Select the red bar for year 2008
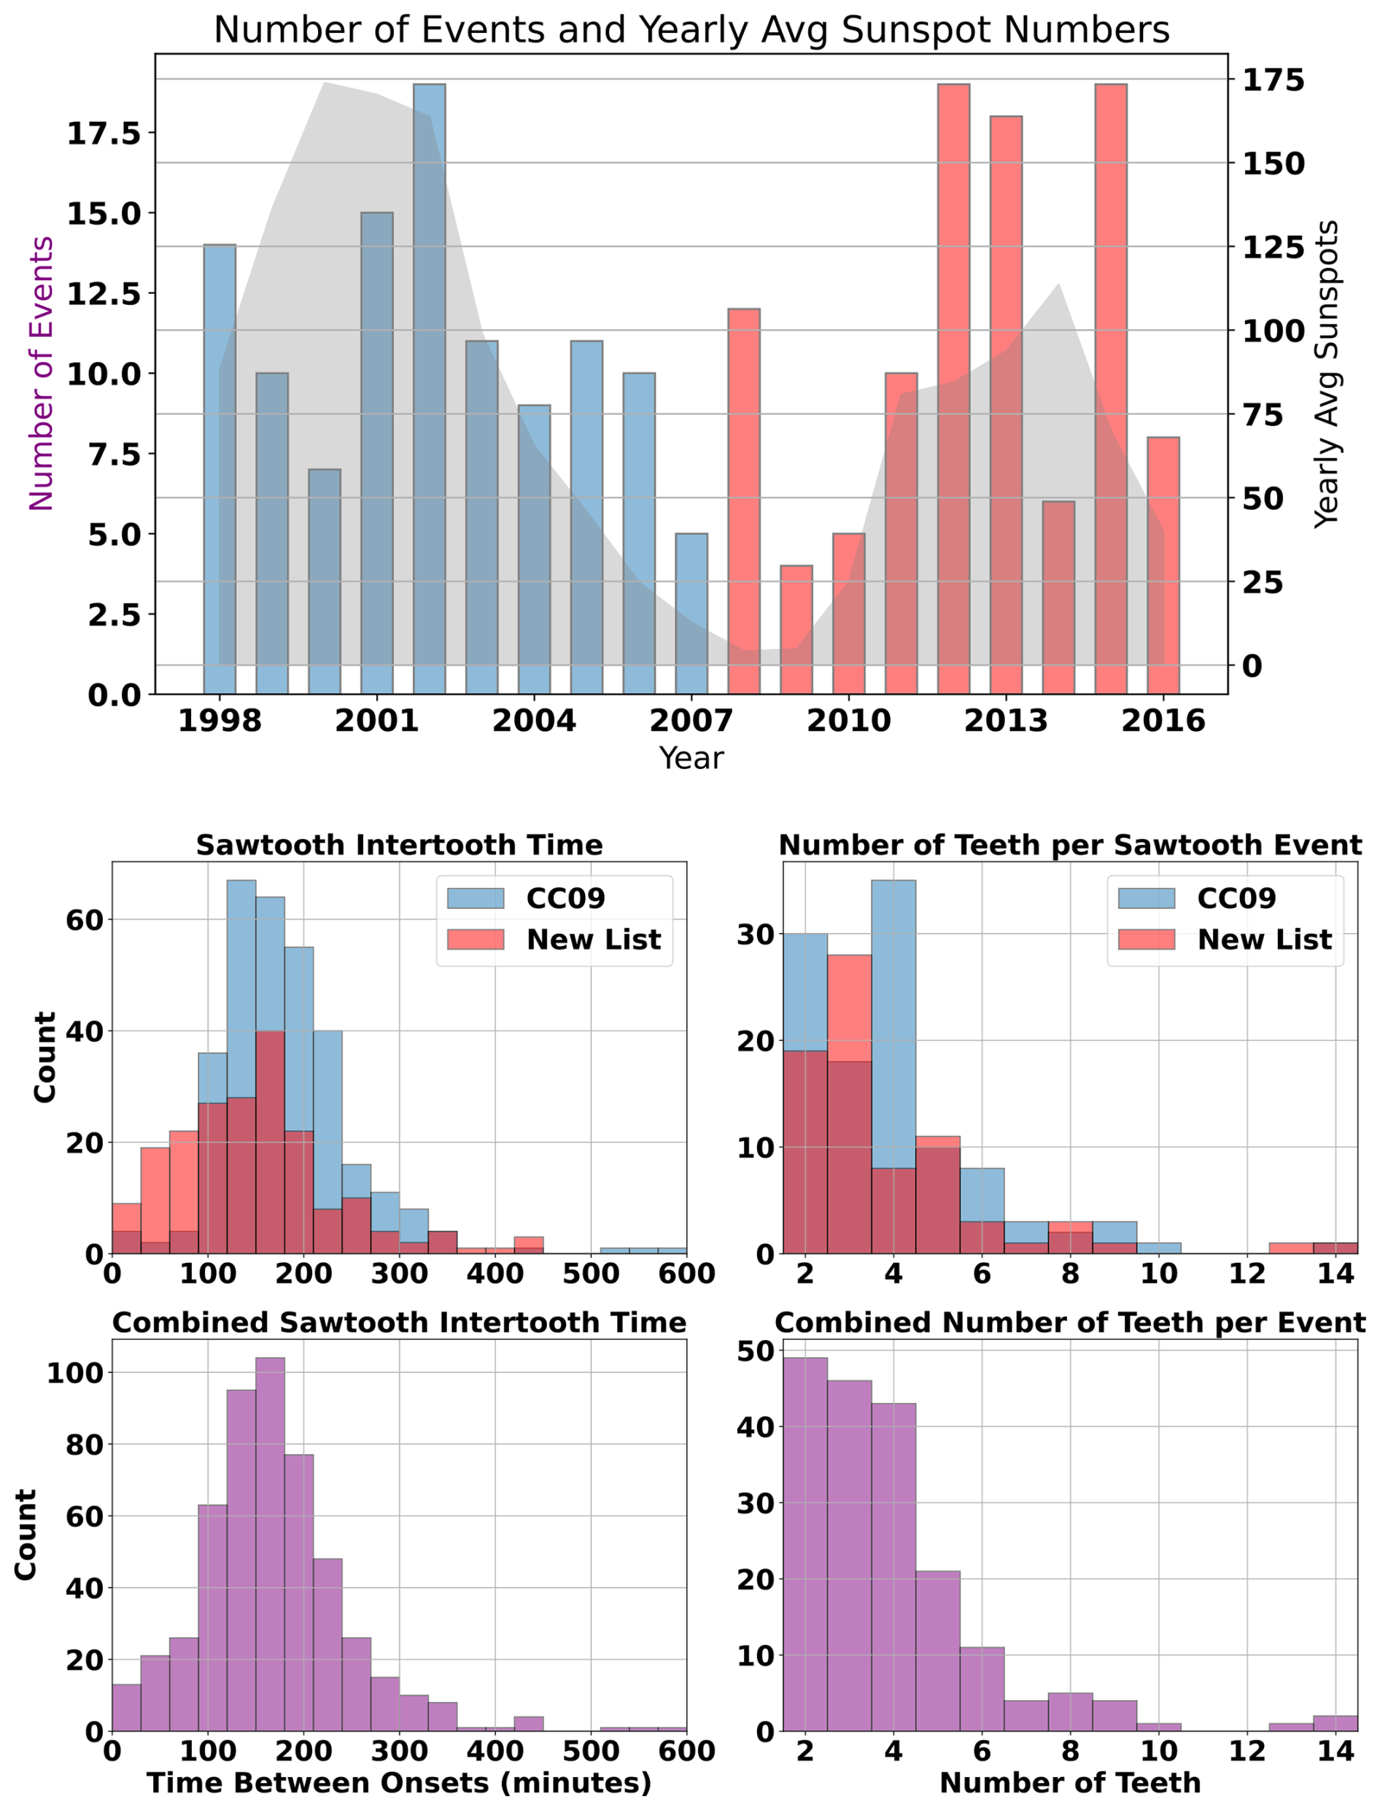[743, 501]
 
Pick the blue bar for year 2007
[691, 613]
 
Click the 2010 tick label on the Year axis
[848, 722]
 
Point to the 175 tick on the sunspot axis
[1272, 80]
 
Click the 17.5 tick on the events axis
[104, 133]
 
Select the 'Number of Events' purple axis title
[41, 374]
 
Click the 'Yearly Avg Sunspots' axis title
[1326, 374]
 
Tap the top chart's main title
[691, 31]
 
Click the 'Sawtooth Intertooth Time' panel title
[399, 846]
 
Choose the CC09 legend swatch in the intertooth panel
[475, 898]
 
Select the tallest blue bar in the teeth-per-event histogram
[893, 1027]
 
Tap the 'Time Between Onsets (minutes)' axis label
[399, 1783]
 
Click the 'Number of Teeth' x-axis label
[1069, 1783]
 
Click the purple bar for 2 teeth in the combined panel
[805, 1544]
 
